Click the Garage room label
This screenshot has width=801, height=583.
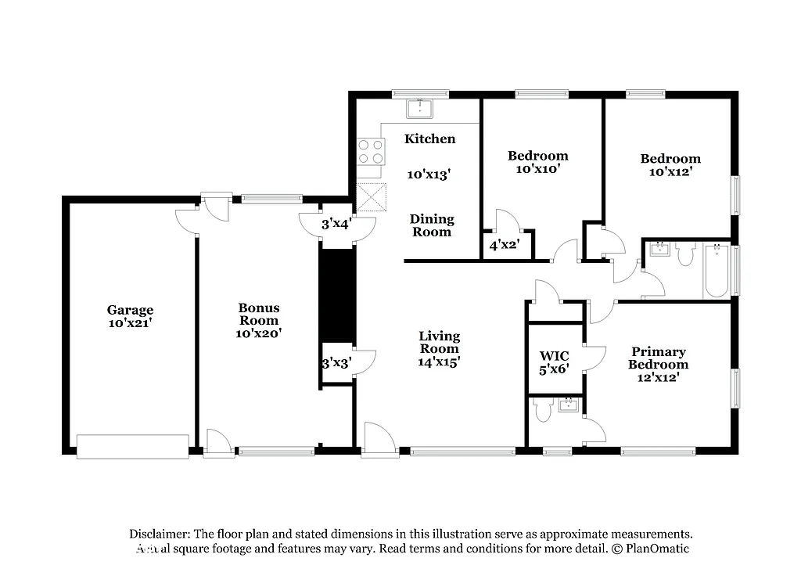tap(130, 310)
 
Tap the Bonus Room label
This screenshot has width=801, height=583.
tap(258, 314)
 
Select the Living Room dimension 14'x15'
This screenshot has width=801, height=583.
tap(439, 362)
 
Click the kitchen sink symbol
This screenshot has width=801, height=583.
tap(421, 106)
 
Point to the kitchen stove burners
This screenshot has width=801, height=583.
tap(371, 151)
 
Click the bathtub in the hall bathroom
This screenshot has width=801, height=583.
tap(716, 271)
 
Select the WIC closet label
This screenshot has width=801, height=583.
tap(554, 355)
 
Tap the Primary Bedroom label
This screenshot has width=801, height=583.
tap(659, 358)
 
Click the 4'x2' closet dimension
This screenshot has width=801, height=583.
tap(504, 246)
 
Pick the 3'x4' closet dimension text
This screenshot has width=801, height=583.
tap(336, 224)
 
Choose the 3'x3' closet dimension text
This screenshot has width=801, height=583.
tap(336, 363)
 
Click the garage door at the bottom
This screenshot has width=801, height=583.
tap(133, 446)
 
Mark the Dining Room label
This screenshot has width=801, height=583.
tap(432, 225)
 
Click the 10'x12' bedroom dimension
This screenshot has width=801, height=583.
tap(670, 171)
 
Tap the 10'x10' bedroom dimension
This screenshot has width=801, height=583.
tap(537, 168)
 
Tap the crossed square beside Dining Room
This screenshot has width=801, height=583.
tap(372, 197)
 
